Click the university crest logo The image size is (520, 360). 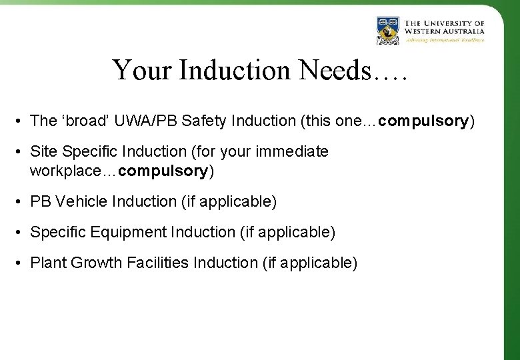[x=387, y=30]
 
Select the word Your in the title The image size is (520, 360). [x=139, y=70]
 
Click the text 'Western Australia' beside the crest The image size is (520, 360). [x=445, y=30]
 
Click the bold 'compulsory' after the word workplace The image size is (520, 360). [x=163, y=171]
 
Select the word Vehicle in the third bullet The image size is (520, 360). [x=85, y=201]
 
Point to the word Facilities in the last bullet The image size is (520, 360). [x=157, y=263]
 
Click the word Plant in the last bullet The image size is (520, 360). [x=47, y=263]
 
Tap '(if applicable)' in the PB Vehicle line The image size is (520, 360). [x=228, y=201]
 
